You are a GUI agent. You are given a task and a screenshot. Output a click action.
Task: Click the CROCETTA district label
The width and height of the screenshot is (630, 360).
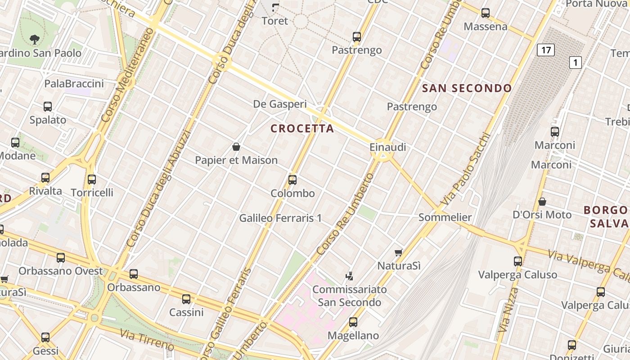pos(302,129)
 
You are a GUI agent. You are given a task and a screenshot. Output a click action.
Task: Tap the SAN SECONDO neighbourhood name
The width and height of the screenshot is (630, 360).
pos(467,88)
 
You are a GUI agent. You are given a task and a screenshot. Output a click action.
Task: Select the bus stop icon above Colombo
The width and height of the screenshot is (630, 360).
pos(292,180)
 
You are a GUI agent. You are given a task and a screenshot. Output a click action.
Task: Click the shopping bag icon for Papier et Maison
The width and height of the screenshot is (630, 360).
pos(236,147)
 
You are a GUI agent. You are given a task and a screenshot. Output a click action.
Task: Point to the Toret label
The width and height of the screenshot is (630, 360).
pos(274,21)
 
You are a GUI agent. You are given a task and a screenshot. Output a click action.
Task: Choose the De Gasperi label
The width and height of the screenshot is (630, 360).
pos(280,104)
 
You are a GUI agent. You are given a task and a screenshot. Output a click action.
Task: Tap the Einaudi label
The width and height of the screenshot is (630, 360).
pos(388,147)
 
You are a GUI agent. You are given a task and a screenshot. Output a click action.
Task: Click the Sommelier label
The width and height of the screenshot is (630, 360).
pos(445,217)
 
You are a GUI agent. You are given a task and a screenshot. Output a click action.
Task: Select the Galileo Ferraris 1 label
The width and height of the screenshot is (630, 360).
pos(280,218)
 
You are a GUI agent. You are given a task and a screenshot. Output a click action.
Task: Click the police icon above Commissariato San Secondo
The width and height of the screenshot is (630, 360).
pos(349,275)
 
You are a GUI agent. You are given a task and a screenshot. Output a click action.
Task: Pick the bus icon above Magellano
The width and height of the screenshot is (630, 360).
pos(353,322)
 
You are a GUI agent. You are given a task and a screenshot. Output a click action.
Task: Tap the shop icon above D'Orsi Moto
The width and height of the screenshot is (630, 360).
pos(542,202)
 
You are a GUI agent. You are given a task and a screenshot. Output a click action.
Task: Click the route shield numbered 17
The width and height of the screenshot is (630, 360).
pos(545,49)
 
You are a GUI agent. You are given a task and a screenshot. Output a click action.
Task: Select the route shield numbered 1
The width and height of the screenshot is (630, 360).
pos(575,62)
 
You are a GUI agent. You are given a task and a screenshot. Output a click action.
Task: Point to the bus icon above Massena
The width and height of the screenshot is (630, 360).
pos(486,13)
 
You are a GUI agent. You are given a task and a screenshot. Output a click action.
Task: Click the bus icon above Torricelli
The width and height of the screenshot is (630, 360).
pos(92,180)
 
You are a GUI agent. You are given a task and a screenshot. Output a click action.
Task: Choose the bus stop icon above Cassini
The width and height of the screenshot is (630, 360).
pos(186,299)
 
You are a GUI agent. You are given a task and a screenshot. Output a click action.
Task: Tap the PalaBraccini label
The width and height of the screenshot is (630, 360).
pos(74,84)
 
